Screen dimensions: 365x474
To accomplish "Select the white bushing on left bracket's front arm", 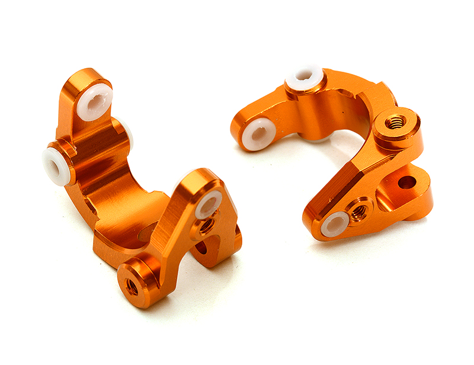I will tap(208, 204).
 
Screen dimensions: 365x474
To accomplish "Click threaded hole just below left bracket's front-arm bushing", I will tap(206, 226).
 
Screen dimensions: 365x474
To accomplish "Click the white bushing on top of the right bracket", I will tap(305, 76).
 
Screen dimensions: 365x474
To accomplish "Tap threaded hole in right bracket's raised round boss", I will tap(395, 123).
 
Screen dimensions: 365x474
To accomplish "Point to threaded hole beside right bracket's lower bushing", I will tap(358, 209).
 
